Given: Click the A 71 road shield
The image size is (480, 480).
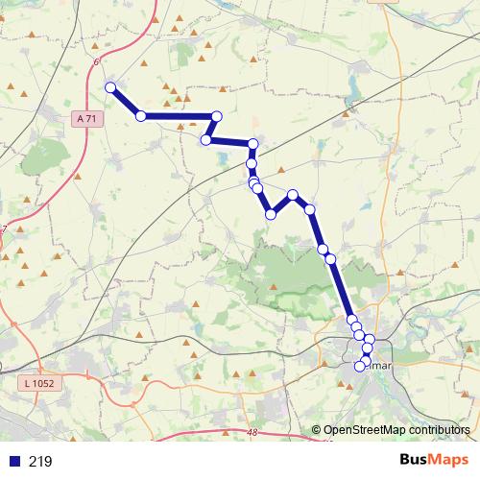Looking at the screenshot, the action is pyautogui.click(x=86, y=118).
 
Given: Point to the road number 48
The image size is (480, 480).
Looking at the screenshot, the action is pyautogui.click(x=252, y=434).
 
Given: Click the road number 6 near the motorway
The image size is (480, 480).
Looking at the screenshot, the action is pyautogui.click(x=96, y=62).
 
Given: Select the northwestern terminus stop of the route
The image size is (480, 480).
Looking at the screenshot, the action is pyautogui.click(x=110, y=87).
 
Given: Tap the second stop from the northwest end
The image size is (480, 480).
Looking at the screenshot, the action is pyautogui.click(x=141, y=116).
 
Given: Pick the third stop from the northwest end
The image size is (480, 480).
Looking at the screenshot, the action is pyautogui.click(x=216, y=116).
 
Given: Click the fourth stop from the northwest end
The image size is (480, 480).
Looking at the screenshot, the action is pyautogui.click(x=205, y=140).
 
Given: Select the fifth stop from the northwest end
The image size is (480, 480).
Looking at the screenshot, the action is pyautogui.click(x=253, y=145).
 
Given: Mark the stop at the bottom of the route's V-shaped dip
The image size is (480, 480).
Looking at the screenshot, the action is pyautogui.click(x=272, y=214).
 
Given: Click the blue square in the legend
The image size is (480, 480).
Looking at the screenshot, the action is pyautogui.click(x=14, y=462).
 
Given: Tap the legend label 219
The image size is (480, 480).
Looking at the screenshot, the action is pyautogui.click(x=40, y=462).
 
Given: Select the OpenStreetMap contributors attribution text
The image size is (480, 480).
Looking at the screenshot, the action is pyautogui.click(x=396, y=429).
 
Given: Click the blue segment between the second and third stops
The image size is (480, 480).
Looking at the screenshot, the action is pyautogui.click(x=179, y=116).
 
